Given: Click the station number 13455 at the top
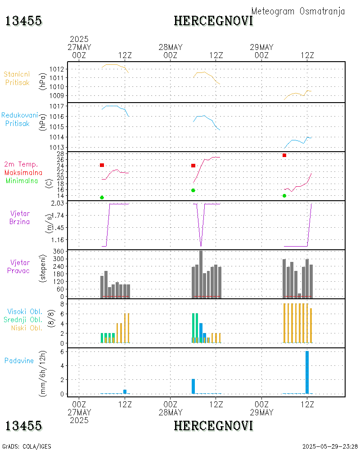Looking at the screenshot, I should click(23, 21).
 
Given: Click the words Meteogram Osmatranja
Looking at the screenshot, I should click(298, 11).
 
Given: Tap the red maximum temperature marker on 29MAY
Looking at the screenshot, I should click(284, 155).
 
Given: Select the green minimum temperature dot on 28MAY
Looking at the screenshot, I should click(193, 190).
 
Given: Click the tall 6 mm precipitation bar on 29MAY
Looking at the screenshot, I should click(307, 372).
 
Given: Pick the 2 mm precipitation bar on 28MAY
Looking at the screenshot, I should click(193, 386).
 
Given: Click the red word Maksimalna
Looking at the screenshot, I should click(23, 173).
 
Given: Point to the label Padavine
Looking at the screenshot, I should click(19, 360).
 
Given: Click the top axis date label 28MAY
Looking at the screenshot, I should click(171, 47).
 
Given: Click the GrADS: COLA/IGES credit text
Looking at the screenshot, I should click(27, 446).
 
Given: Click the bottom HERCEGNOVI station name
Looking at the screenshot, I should click(213, 425).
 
